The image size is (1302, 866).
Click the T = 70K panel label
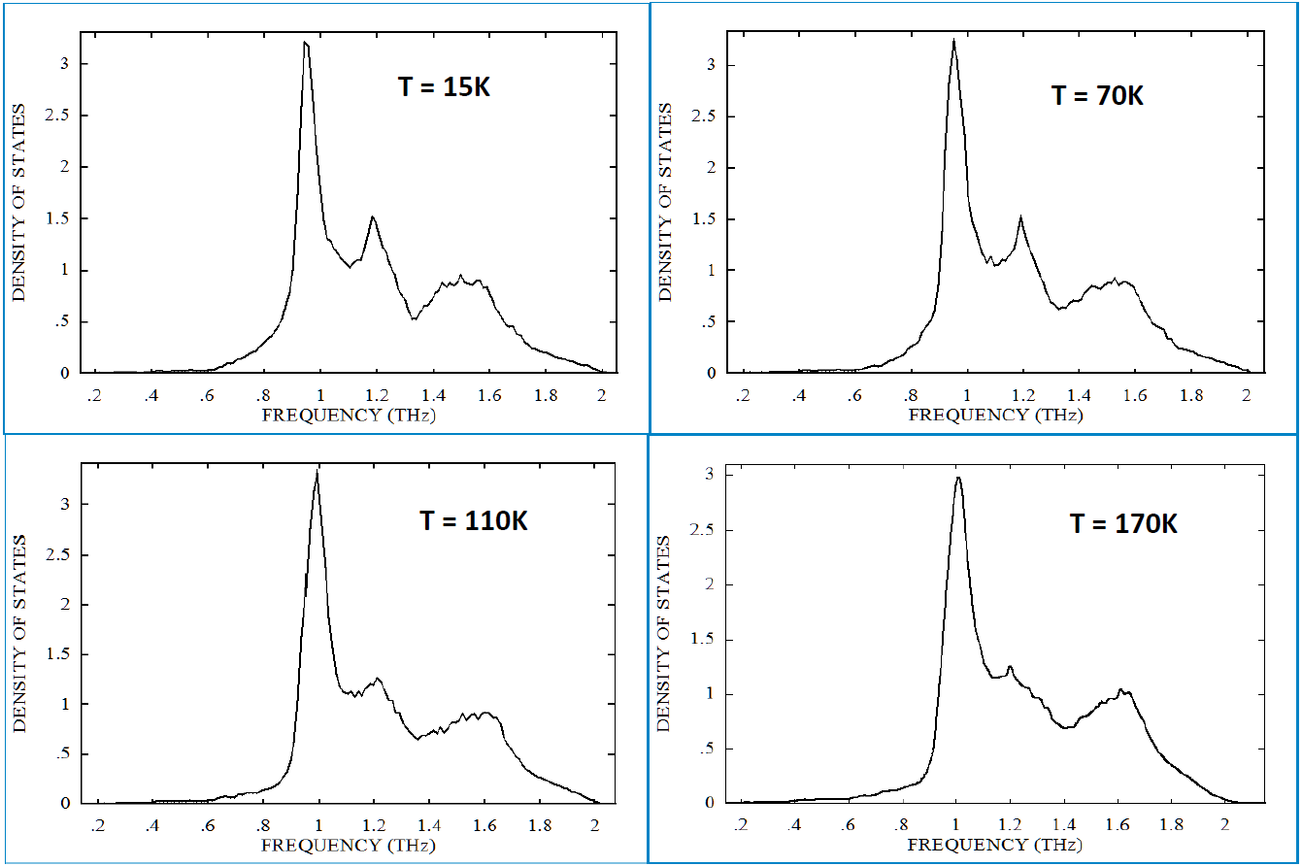point(1097,96)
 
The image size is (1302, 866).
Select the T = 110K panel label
point(474,520)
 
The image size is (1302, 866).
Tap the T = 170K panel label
point(1123,523)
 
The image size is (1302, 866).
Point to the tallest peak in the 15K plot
point(306,44)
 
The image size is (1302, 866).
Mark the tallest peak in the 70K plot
point(953,41)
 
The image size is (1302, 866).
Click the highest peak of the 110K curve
point(317,473)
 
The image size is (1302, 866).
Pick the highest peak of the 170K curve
point(958,477)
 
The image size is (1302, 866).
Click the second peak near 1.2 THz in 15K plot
point(372,217)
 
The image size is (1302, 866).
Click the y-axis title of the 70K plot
point(666,203)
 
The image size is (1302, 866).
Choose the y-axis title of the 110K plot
point(19,632)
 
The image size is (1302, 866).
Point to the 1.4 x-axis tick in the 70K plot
point(1078,396)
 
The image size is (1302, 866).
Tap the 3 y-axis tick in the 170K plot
point(710,475)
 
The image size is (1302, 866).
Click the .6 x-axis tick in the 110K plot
point(208,825)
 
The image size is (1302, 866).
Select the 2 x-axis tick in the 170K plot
point(1224,825)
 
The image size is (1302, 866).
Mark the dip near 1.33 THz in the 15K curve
point(414,318)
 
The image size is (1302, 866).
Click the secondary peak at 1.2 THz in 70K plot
point(1020,218)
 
